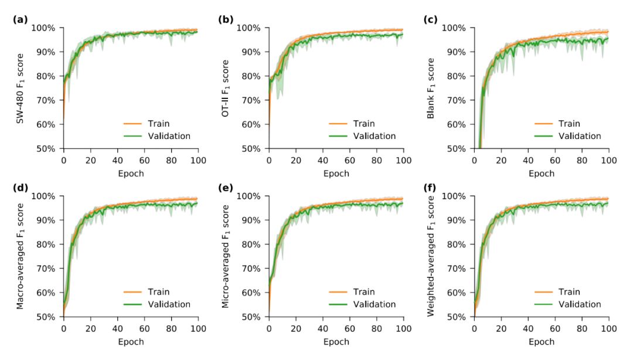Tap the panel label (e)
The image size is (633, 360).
[225, 188]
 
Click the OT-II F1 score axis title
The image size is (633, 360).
[225, 88]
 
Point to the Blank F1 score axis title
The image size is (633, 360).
[431, 88]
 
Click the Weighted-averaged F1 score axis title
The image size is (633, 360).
[431, 256]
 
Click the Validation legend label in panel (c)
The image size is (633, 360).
[579, 136]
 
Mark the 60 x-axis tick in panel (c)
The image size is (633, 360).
[555, 159]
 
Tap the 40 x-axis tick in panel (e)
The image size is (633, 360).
[323, 327]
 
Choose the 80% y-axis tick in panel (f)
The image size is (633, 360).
[457, 244]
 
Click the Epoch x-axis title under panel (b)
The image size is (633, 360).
[336, 174]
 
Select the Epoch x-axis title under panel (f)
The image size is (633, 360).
[542, 341]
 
